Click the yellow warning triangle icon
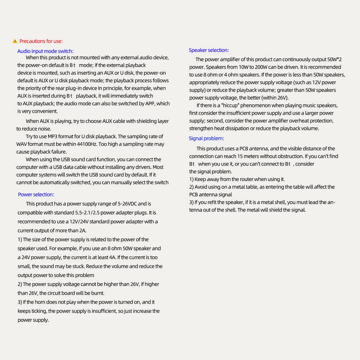(x=15, y=41)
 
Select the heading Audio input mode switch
(x=45, y=51)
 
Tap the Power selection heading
(x=36, y=194)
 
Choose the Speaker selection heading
(x=209, y=50)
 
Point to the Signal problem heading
(x=206, y=138)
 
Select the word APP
(x=149, y=104)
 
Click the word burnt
(x=97, y=293)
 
